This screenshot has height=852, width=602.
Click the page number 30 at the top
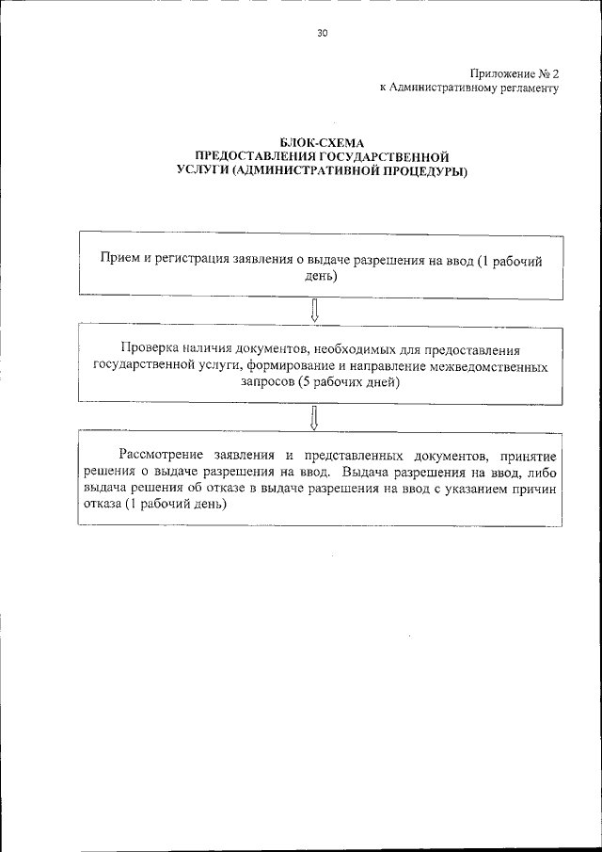click(x=323, y=33)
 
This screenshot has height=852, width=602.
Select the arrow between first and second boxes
click(x=314, y=310)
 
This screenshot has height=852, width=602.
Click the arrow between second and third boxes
click(x=314, y=415)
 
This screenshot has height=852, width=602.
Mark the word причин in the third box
click(x=537, y=488)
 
